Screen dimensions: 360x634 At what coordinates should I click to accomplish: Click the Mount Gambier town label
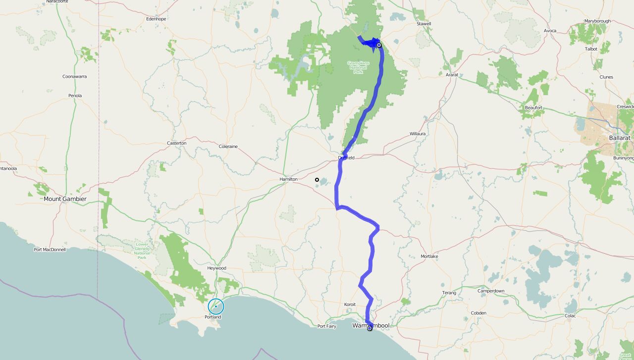65,199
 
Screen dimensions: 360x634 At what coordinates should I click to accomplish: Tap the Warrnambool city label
370,325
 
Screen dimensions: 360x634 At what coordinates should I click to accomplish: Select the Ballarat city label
620,138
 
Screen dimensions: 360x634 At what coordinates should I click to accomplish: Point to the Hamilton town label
288,179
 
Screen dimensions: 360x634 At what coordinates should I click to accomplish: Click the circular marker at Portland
216,307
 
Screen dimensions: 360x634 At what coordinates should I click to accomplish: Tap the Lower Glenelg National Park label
142,251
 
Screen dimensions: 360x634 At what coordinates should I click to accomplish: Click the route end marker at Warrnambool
370,328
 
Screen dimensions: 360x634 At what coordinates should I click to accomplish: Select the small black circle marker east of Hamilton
317,180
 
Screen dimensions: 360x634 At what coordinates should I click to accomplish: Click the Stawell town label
424,24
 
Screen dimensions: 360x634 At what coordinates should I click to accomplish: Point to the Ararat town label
452,75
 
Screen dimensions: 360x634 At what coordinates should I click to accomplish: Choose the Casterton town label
176,143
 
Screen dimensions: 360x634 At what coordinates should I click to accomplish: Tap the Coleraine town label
228,147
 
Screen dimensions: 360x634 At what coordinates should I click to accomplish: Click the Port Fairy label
327,326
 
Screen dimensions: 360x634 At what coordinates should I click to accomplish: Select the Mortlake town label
429,257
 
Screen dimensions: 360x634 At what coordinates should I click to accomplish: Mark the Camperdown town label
491,291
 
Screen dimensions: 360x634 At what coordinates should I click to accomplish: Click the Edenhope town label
156,19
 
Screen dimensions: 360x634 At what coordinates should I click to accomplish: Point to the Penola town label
75,96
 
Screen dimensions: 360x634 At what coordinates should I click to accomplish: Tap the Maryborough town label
597,21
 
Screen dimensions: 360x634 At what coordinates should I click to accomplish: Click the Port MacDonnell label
50,250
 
